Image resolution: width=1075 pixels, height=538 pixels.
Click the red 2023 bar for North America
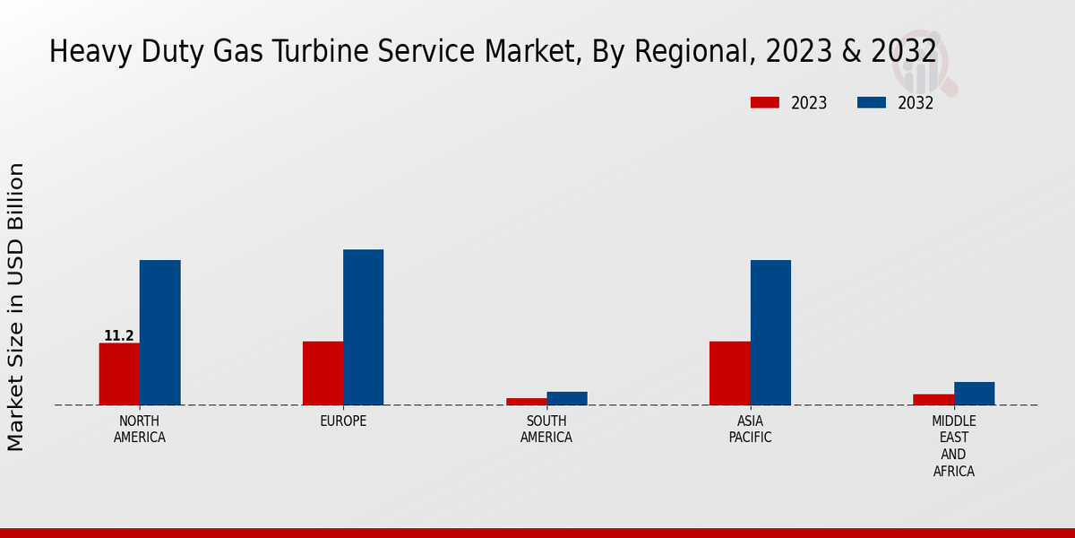(x=119, y=374)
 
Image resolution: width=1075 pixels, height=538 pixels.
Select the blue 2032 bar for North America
(x=159, y=333)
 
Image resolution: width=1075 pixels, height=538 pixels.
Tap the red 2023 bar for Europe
(x=322, y=373)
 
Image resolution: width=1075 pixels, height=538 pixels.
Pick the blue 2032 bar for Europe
(x=363, y=327)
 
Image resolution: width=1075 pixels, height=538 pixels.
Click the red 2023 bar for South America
(x=526, y=402)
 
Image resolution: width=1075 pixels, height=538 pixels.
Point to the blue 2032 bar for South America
(x=567, y=398)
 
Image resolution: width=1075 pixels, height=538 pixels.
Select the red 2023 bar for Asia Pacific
(x=729, y=373)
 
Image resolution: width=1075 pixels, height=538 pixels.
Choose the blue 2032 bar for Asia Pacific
(x=770, y=333)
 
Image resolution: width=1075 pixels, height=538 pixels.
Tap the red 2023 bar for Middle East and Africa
(x=933, y=400)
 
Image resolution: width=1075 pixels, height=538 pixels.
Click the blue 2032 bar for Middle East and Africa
(x=974, y=394)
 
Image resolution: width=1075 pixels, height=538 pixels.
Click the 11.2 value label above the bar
(x=119, y=336)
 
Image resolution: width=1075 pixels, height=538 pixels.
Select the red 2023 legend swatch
(x=765, y=103)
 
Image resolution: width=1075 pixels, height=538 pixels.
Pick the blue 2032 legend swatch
(x=872, y=103)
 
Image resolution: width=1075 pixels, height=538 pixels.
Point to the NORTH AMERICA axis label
(x=140, y=430)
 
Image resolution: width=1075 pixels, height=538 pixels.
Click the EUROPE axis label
(x=343, y=421)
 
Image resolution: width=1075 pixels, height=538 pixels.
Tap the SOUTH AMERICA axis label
(x=546, y=430)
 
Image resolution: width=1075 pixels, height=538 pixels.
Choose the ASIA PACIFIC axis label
(x=750, y=430)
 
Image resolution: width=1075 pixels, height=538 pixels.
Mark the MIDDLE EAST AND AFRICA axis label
(x=954, y=446)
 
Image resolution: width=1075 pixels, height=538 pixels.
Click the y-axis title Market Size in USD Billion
(x=17, y=307)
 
